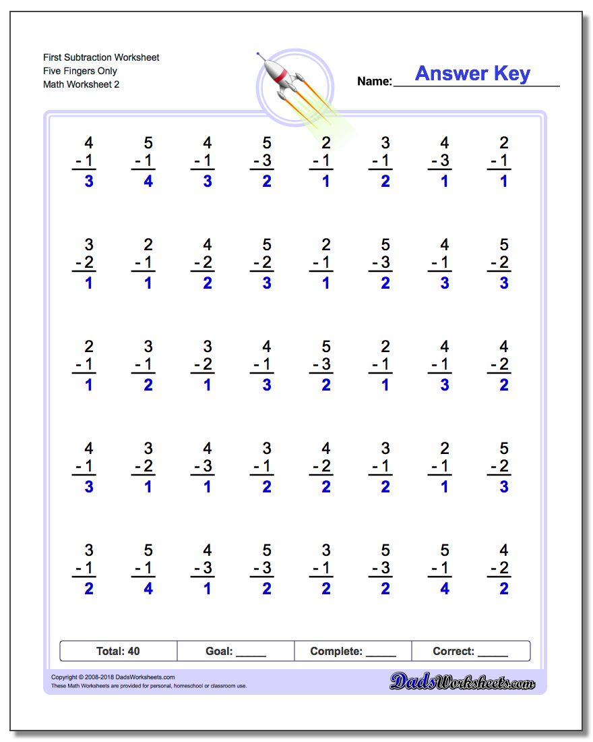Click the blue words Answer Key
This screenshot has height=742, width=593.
click(x=472, y=74)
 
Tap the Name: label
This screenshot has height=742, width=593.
click(x=374, y=82)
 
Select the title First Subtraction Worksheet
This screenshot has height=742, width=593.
click(x=101, y=57)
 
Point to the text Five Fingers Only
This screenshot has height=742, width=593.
click(x=80, y=71)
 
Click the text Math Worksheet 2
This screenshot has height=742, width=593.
click(x=81, y=84)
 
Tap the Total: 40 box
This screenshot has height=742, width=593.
click(x=118, y=651)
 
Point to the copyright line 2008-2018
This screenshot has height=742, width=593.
click(x=113, y=677)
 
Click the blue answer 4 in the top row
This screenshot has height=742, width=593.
click(x=148, y=182)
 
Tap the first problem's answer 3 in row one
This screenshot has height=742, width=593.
click(x=89, y=182)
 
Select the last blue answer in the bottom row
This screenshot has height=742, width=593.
click(x=504, y=590)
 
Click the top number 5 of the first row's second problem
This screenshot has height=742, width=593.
click(x=148, y=143)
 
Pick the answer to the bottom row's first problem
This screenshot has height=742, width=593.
click(x=89, y=590)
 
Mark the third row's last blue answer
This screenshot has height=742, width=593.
click(x=504, y=386)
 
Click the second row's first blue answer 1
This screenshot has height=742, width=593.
click(x=89, y=284)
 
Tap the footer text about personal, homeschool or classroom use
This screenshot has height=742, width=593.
click(x=149, y=686)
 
